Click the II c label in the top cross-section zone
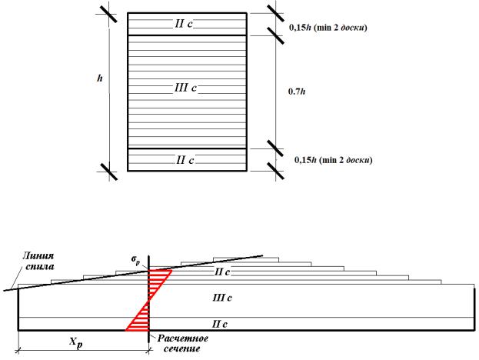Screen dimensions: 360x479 (182, 24)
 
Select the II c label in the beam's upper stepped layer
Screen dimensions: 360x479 (220, 272)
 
